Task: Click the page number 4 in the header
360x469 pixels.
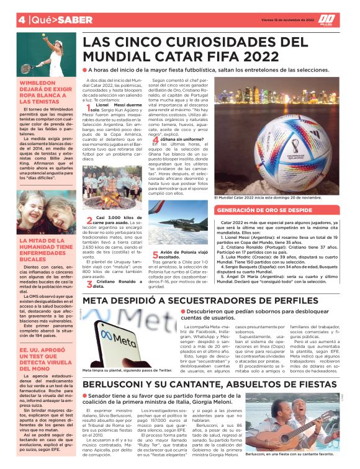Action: coord(22,19)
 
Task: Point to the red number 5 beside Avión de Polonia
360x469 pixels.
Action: coord(155,254)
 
